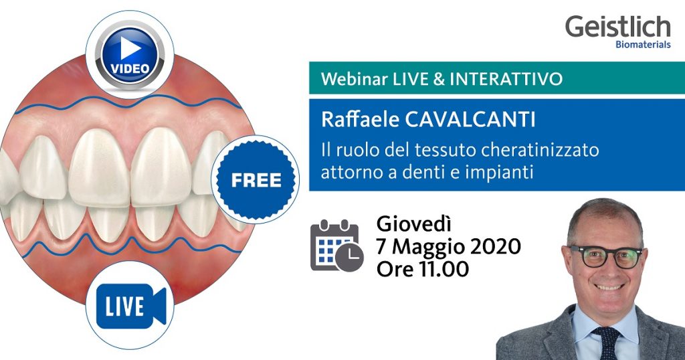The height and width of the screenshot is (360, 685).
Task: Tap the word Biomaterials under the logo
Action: point(642,46)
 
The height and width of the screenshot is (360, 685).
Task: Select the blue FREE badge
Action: point(256,179)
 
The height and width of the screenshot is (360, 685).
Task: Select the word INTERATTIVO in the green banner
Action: point(506,80)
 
